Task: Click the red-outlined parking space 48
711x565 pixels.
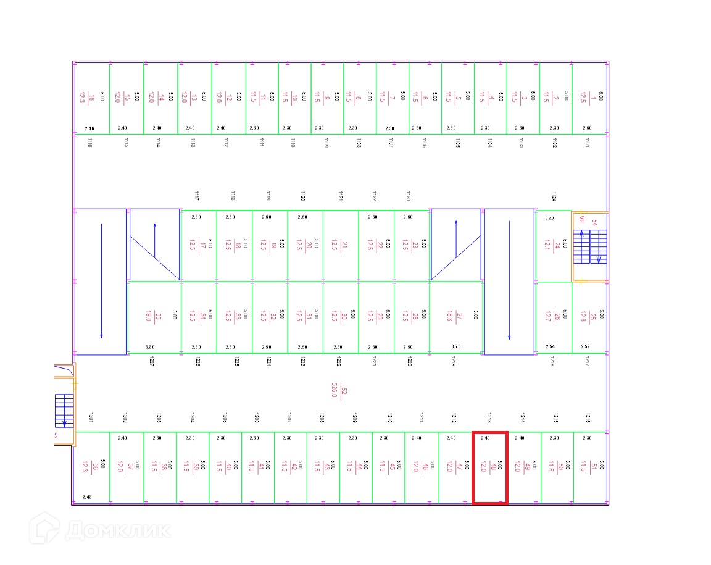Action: (x=489, y=467)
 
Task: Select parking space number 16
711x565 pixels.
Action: (x=91, y=97)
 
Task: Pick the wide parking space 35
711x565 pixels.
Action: (x=154, y=317)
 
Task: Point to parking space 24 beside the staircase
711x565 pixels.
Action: (x=553, y=246)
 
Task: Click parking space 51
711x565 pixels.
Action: (x=591, y=467)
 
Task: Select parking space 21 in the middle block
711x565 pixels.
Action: (x=341, y=245)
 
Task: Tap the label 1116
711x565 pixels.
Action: (x=90, y=143)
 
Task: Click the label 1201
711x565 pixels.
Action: (x=91, y=418)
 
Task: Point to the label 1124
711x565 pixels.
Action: (x=554, y=196)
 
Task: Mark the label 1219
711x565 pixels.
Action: (x=454, y=362)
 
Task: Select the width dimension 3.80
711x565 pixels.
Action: (x=150, y=347)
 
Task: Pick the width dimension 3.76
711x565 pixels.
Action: (x=456, y=347)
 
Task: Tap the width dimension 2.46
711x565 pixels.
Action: (x=89, y=128)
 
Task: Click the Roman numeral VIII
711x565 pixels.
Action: (x=581, y=219)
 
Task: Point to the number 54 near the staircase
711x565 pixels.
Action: (x=595, y=223)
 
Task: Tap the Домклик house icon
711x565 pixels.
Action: (x=45, y=529)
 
